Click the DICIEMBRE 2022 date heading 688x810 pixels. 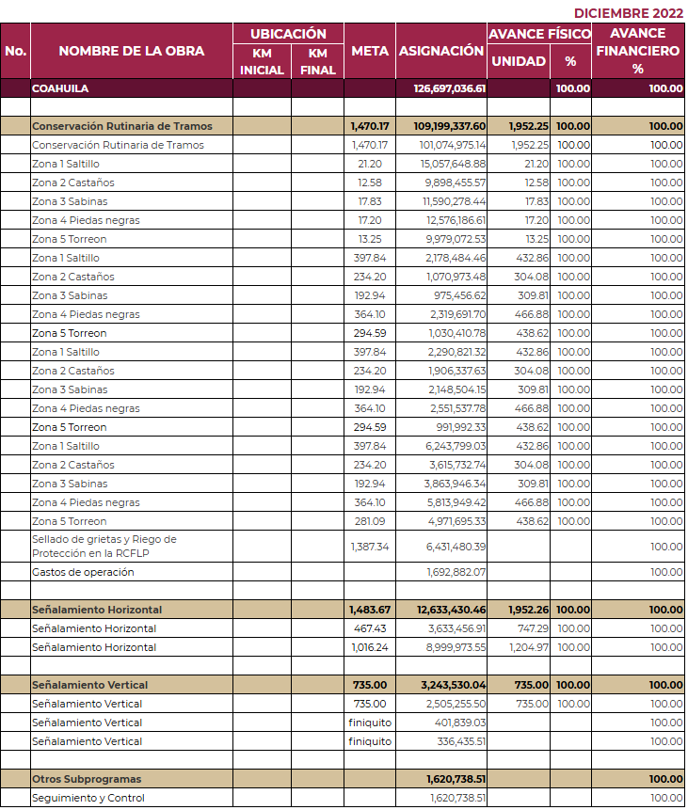pyautogui.click(x=628, y=13)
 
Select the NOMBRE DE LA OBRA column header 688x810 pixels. pyautogui.click(x=131, y=51)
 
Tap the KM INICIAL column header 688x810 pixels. pyautogui.click(x=262, y=61)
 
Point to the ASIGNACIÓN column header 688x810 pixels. pyautogui.click(x=440, y=51)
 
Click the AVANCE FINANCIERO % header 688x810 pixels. pyautogui.click(x=638, y=51)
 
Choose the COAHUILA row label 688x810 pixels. pyautogui.click(x=60, y=88)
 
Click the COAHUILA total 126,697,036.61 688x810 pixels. pyautogui.click(x=449, y=88)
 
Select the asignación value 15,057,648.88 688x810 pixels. pyautogui.click(x=453, y=164)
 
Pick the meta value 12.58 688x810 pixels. pyautogui.click(x=370, y=183)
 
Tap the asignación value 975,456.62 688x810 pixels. pyautogui.click(x=459, y=295)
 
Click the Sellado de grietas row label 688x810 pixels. pyautogui.click(x=104, y=546)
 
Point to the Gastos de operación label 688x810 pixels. pyautogui.click(x=83, y=572)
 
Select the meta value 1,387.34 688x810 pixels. pyautogui.click(x=370, y=547)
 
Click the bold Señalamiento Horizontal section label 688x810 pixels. pyautogui.click(x=97, y=610)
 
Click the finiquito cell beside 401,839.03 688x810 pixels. pyautogui.click(x=370, y=723)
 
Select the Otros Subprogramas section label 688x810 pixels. pyautogui.click(x=87, y=779)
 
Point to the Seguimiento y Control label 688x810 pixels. pyautogui.click(x=88, y=798)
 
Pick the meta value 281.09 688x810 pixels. pyautogui.click(x=370, y=521)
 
